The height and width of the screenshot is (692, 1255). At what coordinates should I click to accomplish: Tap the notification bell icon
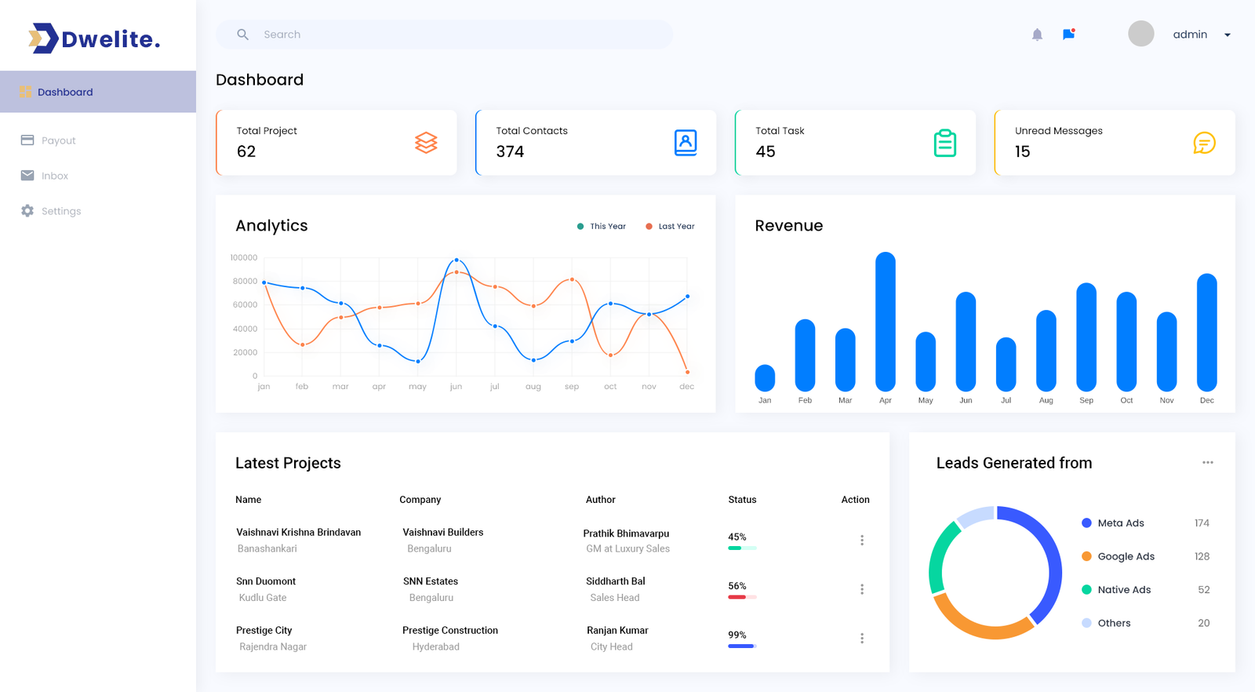(1037, 35)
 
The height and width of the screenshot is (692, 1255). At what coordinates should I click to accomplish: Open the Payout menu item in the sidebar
(58, 140)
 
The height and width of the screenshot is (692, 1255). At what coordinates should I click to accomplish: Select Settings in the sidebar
(60, 211)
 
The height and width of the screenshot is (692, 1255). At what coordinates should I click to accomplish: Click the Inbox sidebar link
(54, 176)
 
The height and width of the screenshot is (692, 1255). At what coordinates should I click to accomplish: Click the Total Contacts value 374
(510, 151)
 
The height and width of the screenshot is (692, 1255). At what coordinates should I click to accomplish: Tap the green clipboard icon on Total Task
(944, 143)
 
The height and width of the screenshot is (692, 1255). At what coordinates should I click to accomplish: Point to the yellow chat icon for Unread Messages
(1204, 143)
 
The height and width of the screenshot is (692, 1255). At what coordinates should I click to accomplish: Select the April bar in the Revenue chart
(886, 322)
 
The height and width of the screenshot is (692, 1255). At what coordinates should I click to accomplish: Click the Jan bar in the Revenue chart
(765, 378)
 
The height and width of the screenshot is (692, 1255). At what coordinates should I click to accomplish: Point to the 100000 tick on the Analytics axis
(243, 257)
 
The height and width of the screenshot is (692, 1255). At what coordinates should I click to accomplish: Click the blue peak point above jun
(457, 260)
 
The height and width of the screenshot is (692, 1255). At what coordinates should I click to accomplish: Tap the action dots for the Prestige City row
(862, 638)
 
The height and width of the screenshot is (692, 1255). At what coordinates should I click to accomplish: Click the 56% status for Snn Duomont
(737, 586)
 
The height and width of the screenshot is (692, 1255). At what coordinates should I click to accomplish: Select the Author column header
(600, 500)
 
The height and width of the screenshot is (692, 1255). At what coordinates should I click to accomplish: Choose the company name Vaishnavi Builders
(443, 532)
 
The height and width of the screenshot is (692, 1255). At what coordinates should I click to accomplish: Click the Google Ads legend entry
(1126, 556)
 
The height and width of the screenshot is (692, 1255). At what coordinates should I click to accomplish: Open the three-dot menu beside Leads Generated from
(1207, 463)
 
